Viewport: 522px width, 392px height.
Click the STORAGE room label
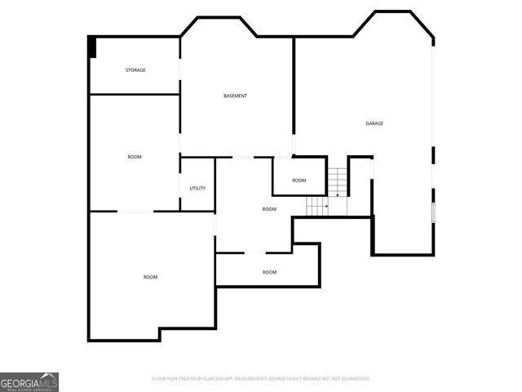[135, 70]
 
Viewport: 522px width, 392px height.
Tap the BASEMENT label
[235, 96]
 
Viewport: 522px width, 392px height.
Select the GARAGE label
[374, 123]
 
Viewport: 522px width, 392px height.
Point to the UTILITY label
[197, 189]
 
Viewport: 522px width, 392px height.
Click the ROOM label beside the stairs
[299, 180]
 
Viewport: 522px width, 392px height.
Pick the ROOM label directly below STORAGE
[135, 157]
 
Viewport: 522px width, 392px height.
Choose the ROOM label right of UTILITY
[269, 210]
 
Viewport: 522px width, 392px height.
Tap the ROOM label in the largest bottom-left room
[151, 278]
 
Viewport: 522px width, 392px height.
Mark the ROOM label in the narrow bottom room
[269, 272]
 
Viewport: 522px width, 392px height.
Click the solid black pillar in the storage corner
[93, 47]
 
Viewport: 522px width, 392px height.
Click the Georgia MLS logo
[29, 382]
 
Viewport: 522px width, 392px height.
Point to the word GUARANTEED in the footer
[353, 379]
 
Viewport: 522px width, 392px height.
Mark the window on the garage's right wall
[434, 211]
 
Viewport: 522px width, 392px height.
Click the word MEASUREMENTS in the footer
[261, 379]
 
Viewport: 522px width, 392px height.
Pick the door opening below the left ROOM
[136, 212]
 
